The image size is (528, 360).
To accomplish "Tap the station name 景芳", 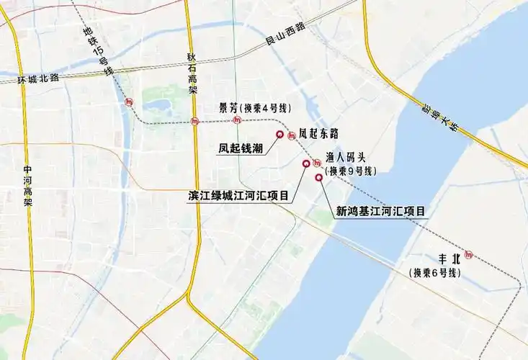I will pos(228,108).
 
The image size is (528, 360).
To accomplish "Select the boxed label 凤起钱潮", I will pos(240,148).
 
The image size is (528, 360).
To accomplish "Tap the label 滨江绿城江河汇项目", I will pos(238,195).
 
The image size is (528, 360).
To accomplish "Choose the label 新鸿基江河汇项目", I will pos(380,212).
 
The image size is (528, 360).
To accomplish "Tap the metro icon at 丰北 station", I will pos(470,254).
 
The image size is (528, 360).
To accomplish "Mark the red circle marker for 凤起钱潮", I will pos(279,134).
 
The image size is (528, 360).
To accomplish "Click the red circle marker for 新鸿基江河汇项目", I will pos(318,177).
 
